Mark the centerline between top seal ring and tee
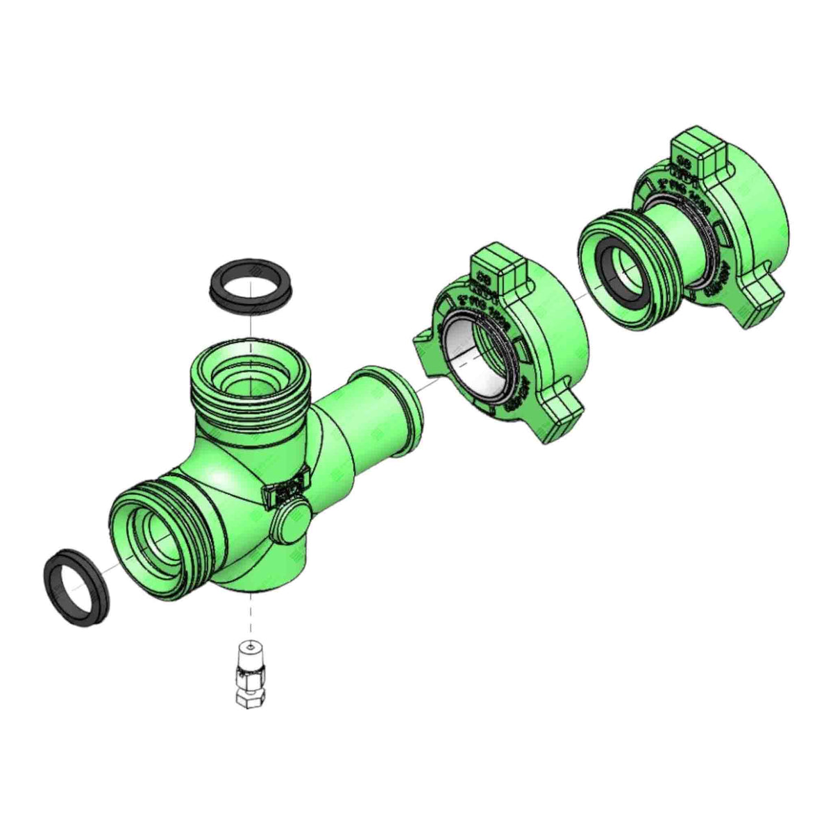click(249, 326)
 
